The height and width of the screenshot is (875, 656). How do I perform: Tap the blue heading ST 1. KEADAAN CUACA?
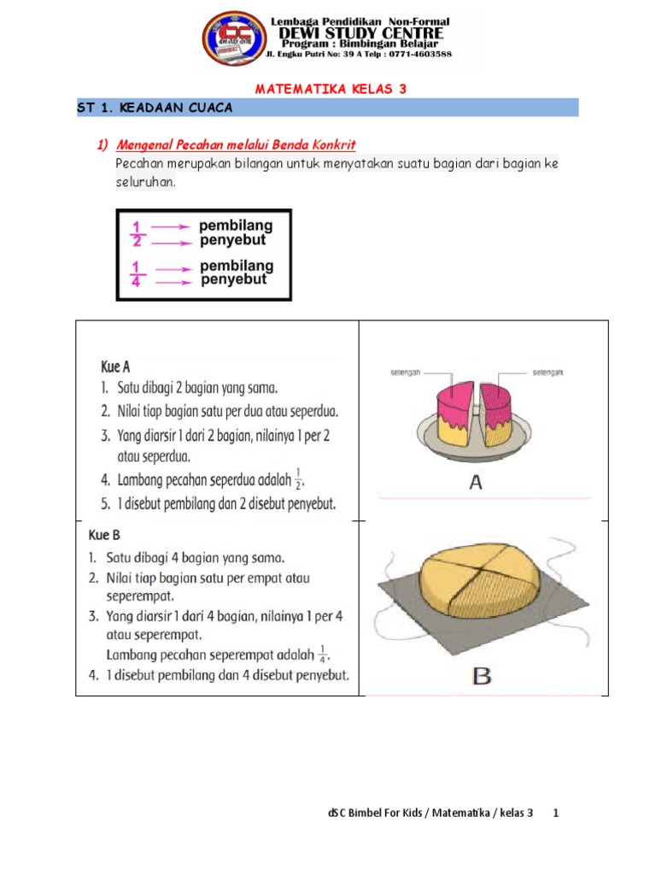pos(155,109)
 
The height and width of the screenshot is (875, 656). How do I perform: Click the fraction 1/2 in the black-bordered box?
pos(138,233)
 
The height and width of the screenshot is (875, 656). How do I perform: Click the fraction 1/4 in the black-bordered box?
pos(138,273)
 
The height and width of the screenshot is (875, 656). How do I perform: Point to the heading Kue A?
pos(115,366)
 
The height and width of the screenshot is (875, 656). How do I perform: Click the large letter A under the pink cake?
pos(477,483)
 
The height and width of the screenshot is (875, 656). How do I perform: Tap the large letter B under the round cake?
pos(482,677)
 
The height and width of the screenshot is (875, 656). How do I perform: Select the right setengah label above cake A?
pos(547,373)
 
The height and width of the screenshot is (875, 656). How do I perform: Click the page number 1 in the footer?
pos(555,813)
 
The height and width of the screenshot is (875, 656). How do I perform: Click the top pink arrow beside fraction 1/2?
pos(171,226)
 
